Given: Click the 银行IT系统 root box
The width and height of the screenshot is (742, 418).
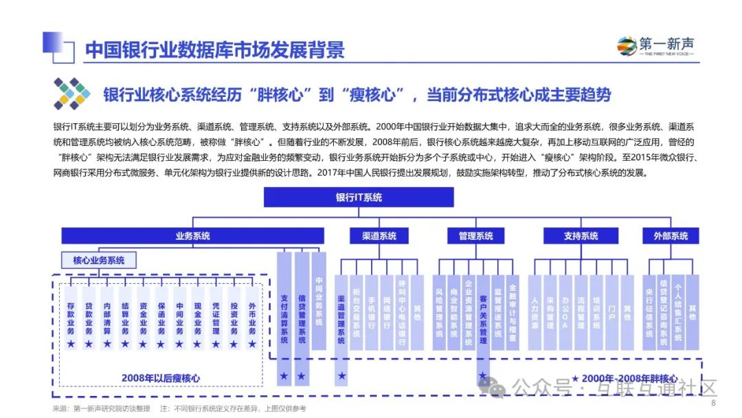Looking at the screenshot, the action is pos(359,197).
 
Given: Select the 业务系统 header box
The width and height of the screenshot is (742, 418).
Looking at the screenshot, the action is pos(192,236).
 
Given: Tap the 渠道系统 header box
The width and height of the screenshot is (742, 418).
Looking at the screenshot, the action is pos(379,236).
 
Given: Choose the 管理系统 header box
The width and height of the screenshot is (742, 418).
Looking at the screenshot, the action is pos(475,236).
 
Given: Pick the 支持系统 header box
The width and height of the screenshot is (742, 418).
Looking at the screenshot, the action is pos(581,236).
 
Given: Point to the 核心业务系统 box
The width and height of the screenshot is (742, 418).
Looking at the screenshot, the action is pos(99,261).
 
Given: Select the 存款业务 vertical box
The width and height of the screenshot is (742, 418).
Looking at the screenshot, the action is pos(70,318).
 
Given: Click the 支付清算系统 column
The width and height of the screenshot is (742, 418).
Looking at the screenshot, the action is pos(284,316).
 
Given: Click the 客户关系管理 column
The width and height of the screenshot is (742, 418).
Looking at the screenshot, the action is pos(483,316).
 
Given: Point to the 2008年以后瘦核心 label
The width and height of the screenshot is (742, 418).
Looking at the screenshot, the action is pos(160,377).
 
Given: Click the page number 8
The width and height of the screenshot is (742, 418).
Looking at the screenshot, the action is pos(712,404).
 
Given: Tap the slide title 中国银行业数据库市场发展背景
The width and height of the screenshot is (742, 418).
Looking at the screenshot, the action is pos(214,50).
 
